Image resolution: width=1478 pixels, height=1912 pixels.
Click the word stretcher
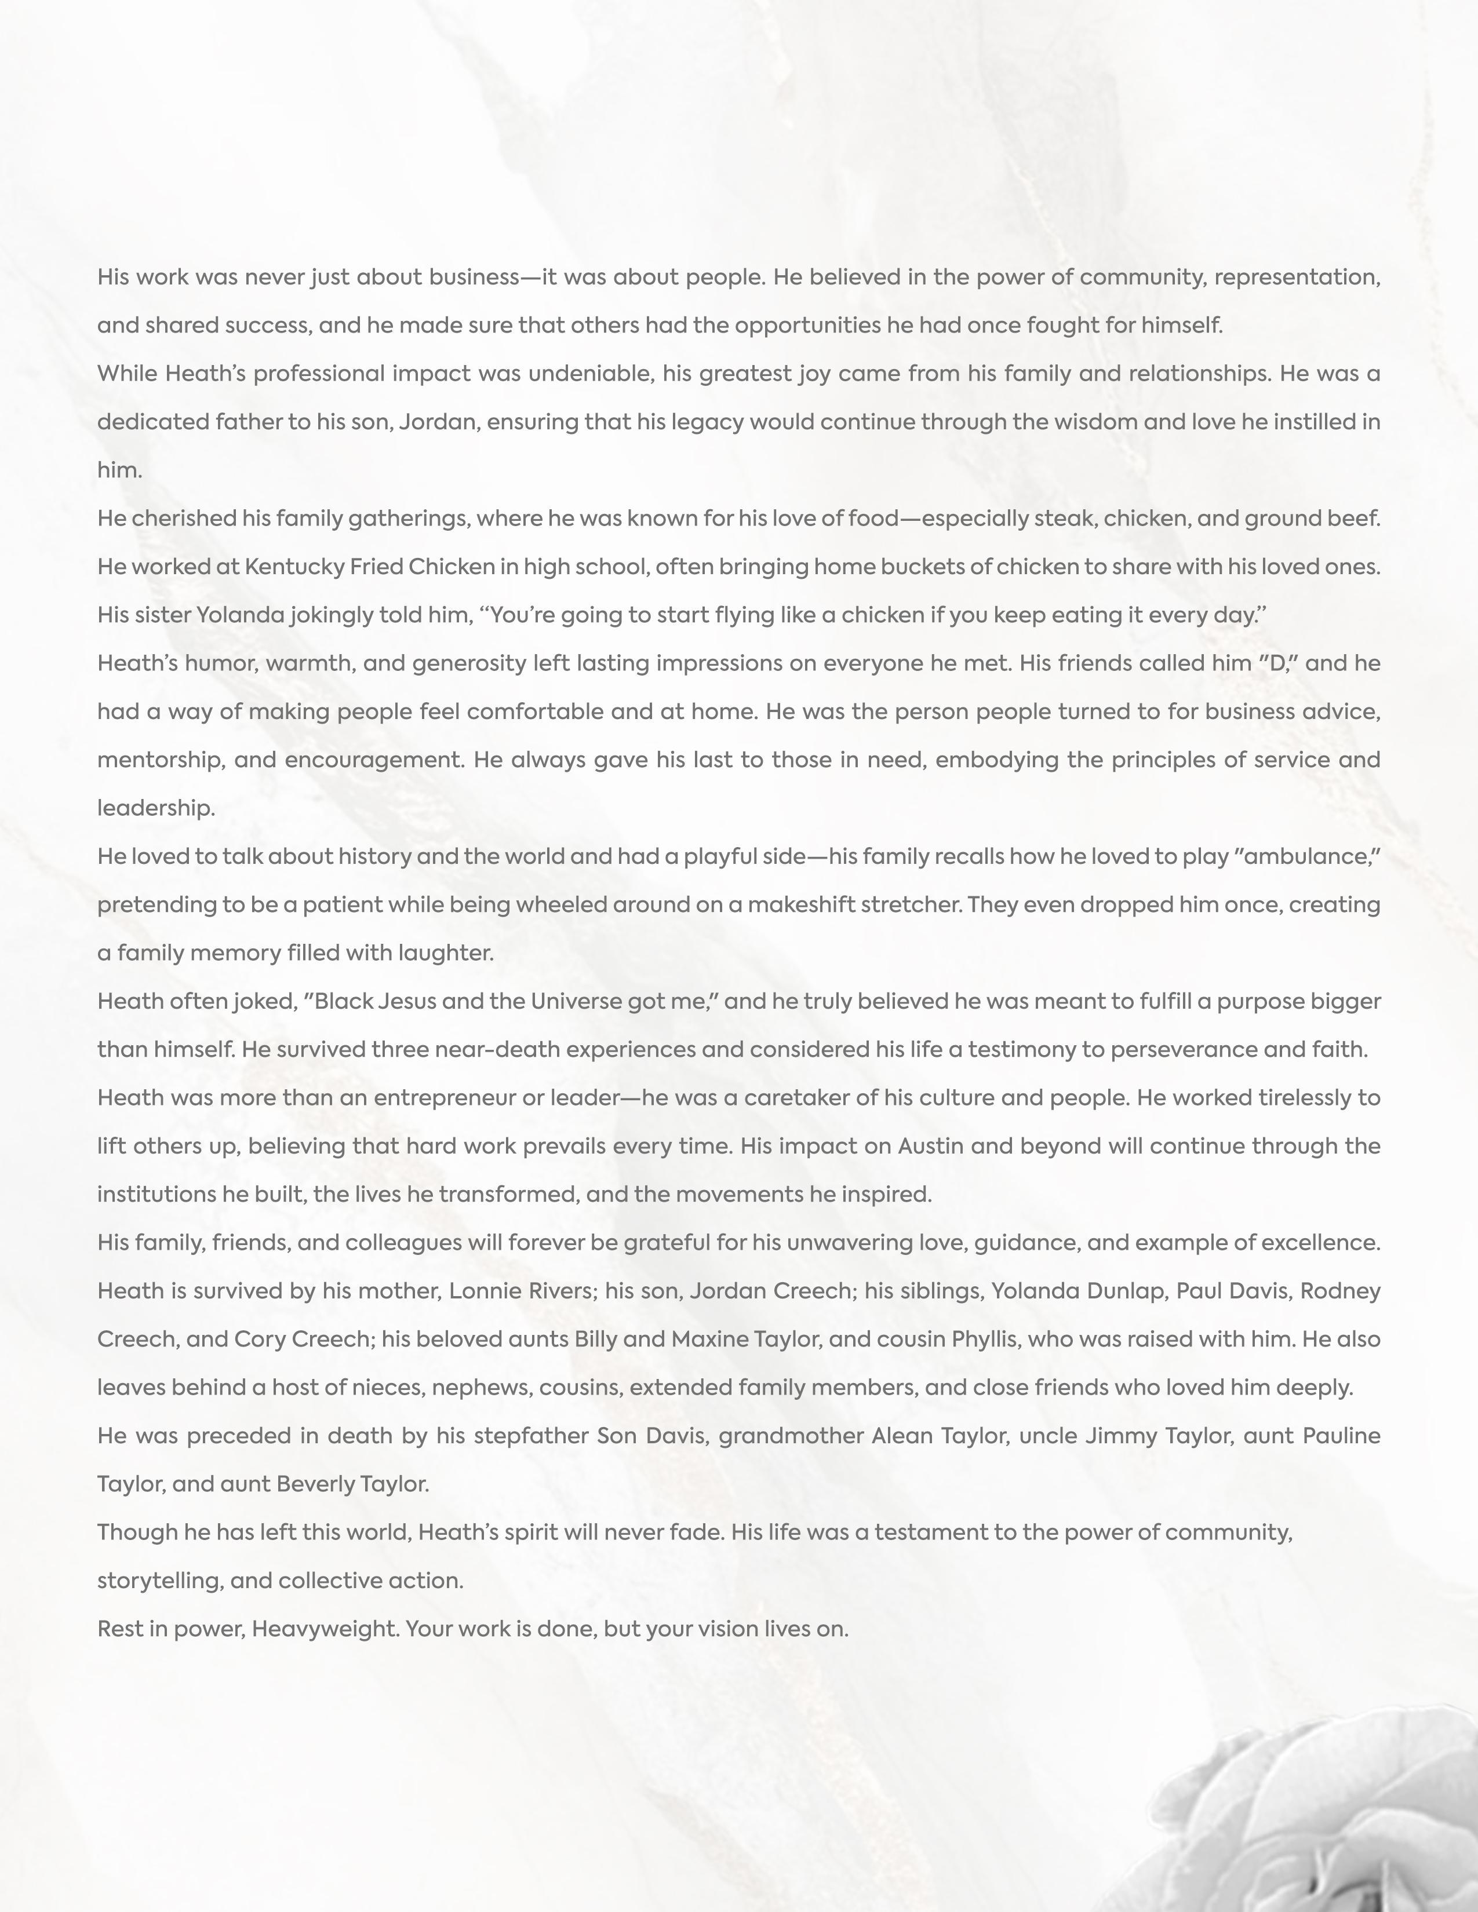pos(911,904)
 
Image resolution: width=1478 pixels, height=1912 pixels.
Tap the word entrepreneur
pos(445,1098)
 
